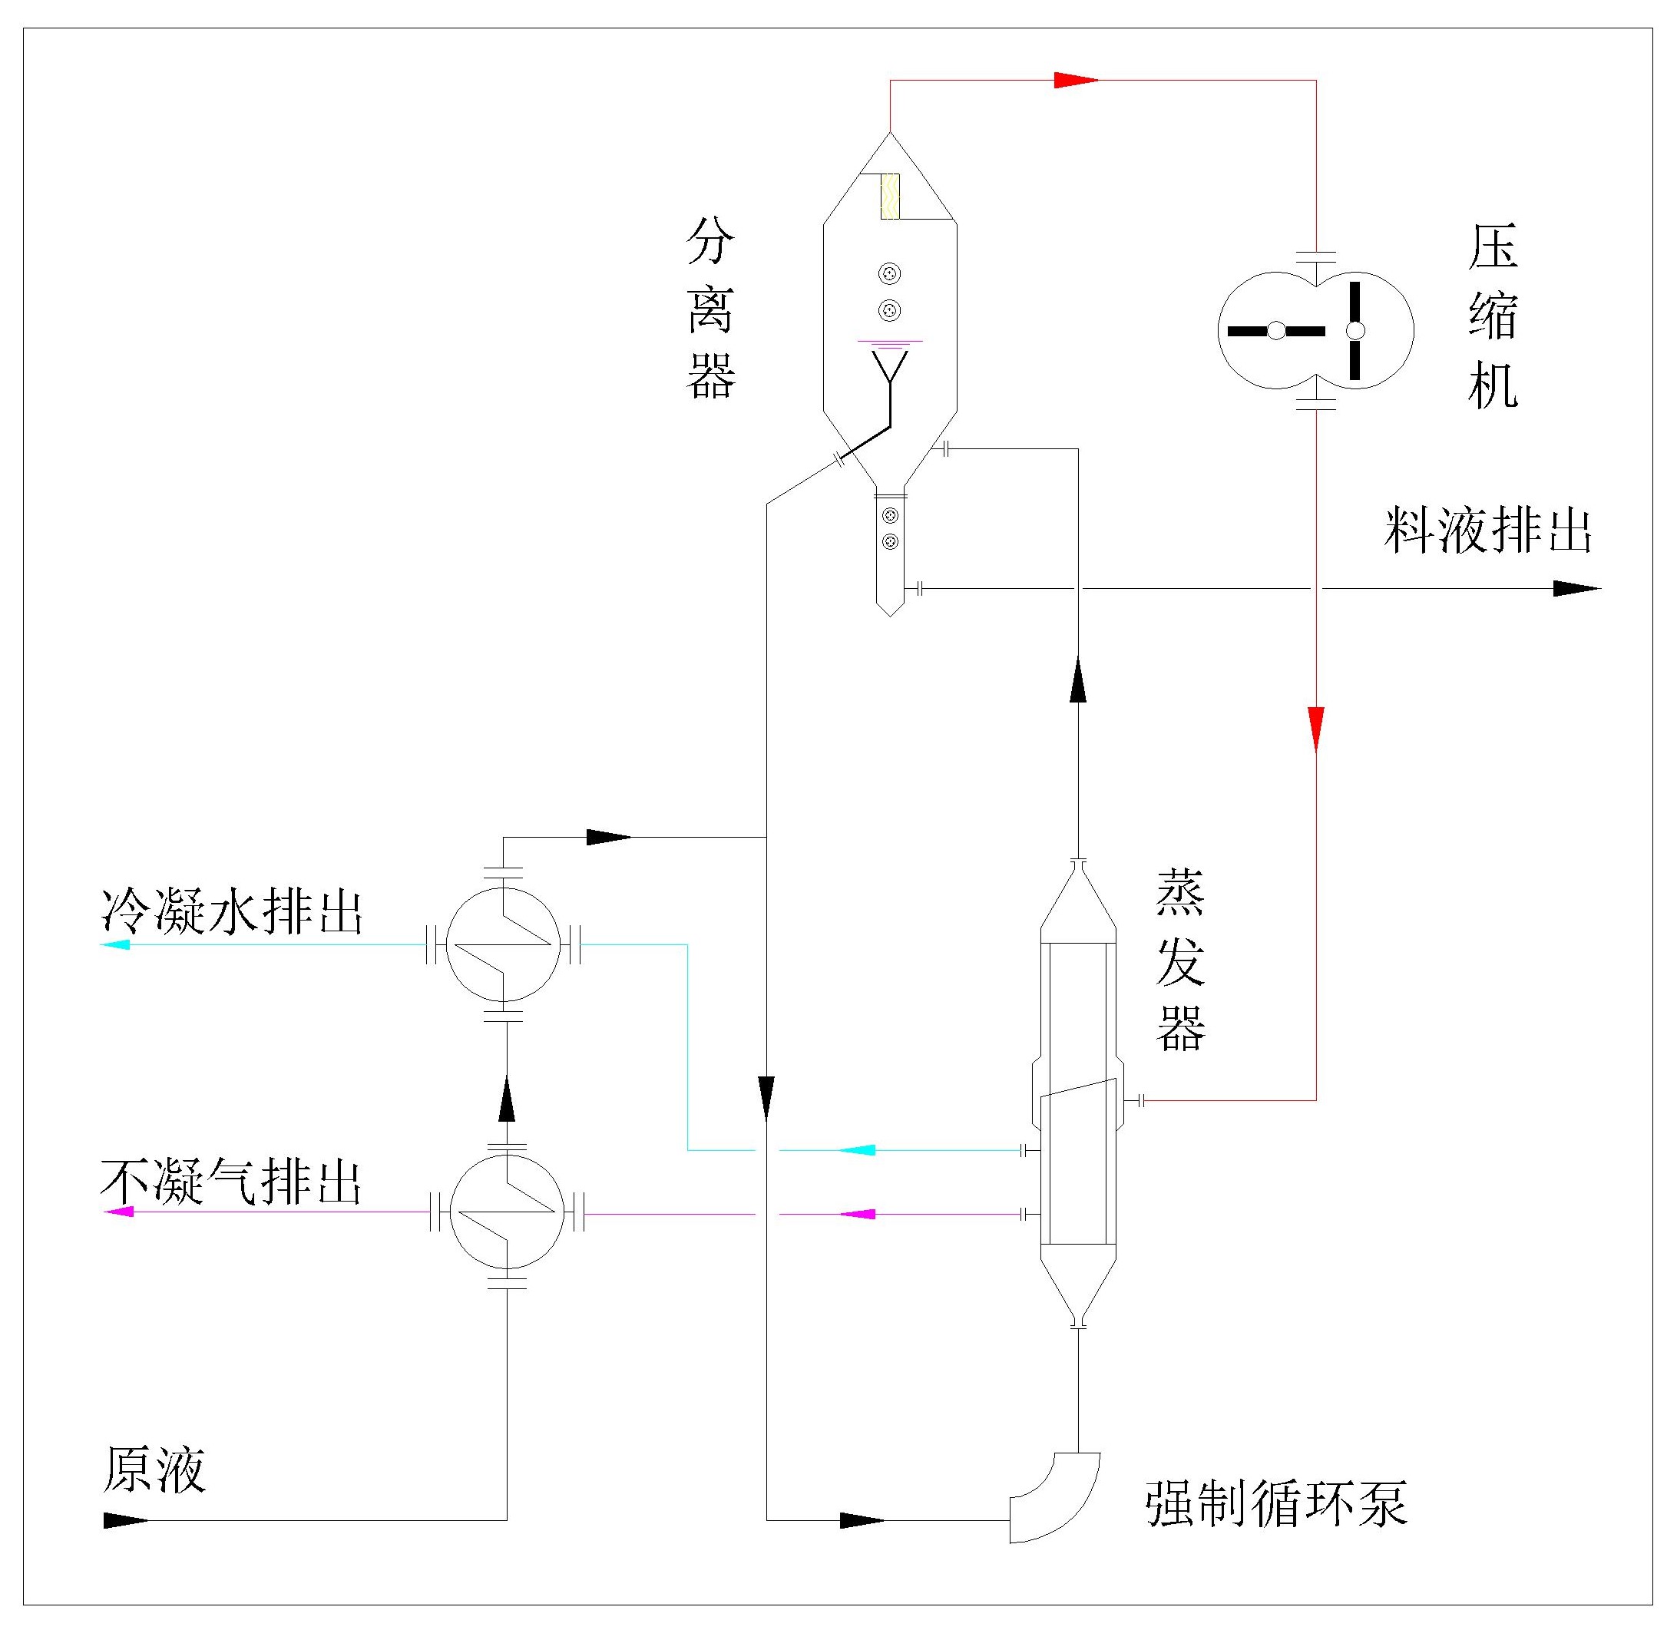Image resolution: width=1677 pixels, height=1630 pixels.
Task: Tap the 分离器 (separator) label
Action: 710,308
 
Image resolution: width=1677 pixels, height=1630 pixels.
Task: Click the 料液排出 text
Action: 1488,531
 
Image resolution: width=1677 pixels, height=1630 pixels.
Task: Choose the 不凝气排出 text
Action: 231,1182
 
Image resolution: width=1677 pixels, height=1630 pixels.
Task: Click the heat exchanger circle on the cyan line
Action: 504,944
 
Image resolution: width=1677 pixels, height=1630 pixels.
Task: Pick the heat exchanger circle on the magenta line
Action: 507,1212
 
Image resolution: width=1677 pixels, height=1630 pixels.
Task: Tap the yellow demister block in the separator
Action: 889,197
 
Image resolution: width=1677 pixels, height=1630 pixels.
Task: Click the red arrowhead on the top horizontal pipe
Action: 1075,81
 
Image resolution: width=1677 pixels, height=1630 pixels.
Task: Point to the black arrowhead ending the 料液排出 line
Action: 1575,588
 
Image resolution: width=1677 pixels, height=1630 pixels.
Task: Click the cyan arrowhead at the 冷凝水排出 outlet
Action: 116,944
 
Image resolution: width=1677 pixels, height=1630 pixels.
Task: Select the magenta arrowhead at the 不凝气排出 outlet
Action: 118,1212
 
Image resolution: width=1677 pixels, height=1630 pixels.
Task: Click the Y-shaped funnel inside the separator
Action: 890,368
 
